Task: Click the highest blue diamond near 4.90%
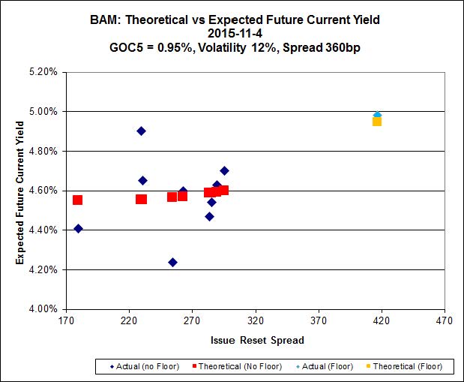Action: tap(141, 131)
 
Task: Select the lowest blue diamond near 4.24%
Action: tap(172, 262)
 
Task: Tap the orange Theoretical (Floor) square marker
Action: tap(377, 121)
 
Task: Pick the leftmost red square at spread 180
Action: tap(77, 200)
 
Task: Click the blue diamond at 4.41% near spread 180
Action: tap(78, 229)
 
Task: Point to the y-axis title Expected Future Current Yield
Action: tap(21, 190)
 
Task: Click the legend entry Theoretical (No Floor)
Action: tap(241, 367)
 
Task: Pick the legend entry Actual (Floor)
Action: tap(327, 367)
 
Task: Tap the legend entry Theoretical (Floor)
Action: tap(405, 367)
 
